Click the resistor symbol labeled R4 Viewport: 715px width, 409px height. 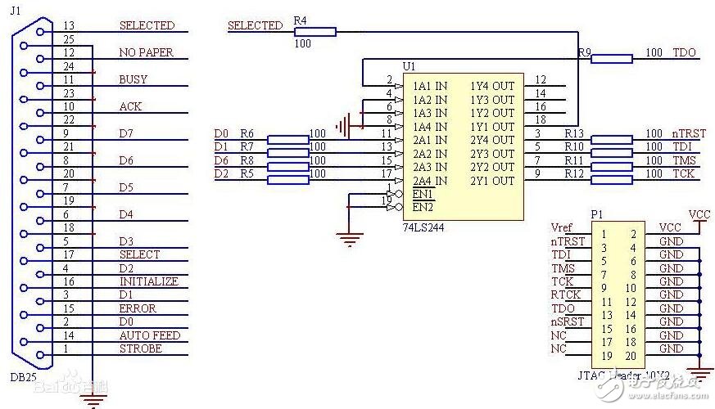[313, 31]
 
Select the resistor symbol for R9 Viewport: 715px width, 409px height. [611, 58]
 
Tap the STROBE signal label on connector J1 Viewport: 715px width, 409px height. [140, 349]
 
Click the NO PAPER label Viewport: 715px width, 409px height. [146, 53]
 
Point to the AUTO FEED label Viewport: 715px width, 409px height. [149, 335]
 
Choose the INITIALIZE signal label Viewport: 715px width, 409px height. [148, 281]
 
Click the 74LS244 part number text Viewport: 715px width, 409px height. [423, 227]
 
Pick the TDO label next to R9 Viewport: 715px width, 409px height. [684, 53]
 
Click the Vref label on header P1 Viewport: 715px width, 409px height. [562, 228]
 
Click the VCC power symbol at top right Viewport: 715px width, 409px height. [699, 215]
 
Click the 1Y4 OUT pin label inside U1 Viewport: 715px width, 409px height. [491, 86]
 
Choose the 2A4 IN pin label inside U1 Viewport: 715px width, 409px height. [429, 180]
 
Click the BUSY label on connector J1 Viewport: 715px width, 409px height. [133, 80]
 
